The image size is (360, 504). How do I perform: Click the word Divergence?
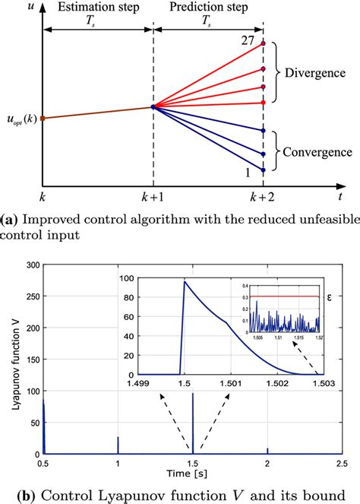click(313, 74)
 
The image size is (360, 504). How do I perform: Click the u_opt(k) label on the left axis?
click(21, 119)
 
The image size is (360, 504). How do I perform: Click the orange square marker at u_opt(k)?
click(43, 118)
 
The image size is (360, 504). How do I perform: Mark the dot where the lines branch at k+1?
click(153, 107)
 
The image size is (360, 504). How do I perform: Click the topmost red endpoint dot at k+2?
click(264, 44)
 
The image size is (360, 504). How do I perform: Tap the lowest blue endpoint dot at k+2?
click(264, 171)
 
